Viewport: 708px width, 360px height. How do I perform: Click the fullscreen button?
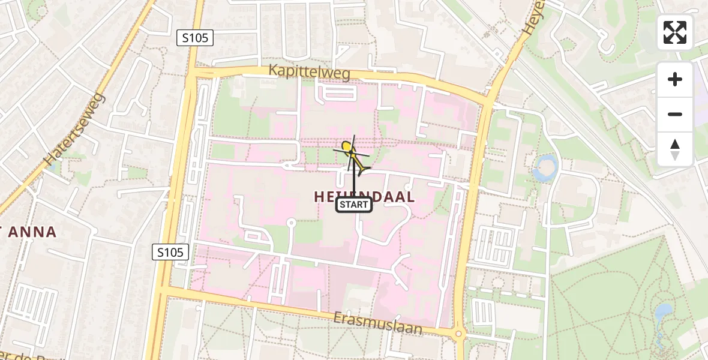675,32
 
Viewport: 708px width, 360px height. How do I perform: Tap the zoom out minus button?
675,114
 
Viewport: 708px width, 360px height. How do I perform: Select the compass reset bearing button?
675,149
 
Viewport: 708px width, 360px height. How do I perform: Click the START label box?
353,205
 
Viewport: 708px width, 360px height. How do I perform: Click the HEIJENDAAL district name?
364,196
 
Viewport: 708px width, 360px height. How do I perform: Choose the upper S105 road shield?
196,38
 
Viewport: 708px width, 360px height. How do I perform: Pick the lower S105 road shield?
171,252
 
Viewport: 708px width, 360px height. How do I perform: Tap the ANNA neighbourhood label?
33,232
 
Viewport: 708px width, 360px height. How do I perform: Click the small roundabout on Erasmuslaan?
459,334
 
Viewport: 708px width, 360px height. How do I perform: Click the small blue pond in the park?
664,312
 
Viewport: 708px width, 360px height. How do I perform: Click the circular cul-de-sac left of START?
291,223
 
